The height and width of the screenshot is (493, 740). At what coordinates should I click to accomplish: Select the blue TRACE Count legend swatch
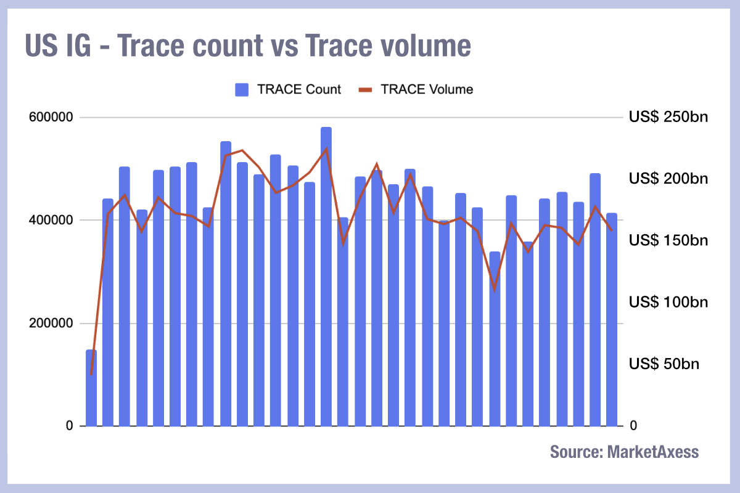pyautogui.click(x=242, y=89)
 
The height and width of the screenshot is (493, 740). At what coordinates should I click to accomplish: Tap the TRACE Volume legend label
pyautogui.click(x=427, y=89)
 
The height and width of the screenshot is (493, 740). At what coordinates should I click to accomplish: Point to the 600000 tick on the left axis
pyautogui.click(x=51, y=117)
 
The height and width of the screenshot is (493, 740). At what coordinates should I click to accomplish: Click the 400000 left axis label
pyautogui.click(x=51, y=220)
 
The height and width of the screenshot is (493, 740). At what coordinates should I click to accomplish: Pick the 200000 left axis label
pyautogui.click(x=51, y=323)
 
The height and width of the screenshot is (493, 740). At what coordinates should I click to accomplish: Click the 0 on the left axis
pyautogui.click(x=70, y=426)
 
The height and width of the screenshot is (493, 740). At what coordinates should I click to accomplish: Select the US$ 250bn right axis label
pyautogui.click(x=668, y=117)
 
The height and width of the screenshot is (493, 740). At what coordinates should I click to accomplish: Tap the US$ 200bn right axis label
pyautogui.click(x=668, y=179)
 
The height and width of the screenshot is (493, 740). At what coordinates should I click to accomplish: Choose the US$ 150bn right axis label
pyautogui.click(x=668, y=240)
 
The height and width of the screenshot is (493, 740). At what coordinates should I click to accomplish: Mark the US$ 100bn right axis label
pyautogui.click(x=668, y=302)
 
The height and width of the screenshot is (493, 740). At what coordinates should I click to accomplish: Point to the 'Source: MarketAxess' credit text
pyautogui.click(x=624, y=452)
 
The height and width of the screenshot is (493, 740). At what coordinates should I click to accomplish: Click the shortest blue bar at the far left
pyautogui.click(x=91, y=388)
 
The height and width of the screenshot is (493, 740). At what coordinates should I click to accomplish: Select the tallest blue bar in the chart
pyautogui.click(x=326, y=277)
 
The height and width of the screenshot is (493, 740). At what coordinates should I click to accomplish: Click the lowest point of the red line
pyautogui.click(x=91, y=373)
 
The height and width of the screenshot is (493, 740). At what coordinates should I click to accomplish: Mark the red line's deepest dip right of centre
pyautogui.click(x=494, y=289)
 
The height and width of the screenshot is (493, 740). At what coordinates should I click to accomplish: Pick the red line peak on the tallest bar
pyautogui.click(x=326, y=149)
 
